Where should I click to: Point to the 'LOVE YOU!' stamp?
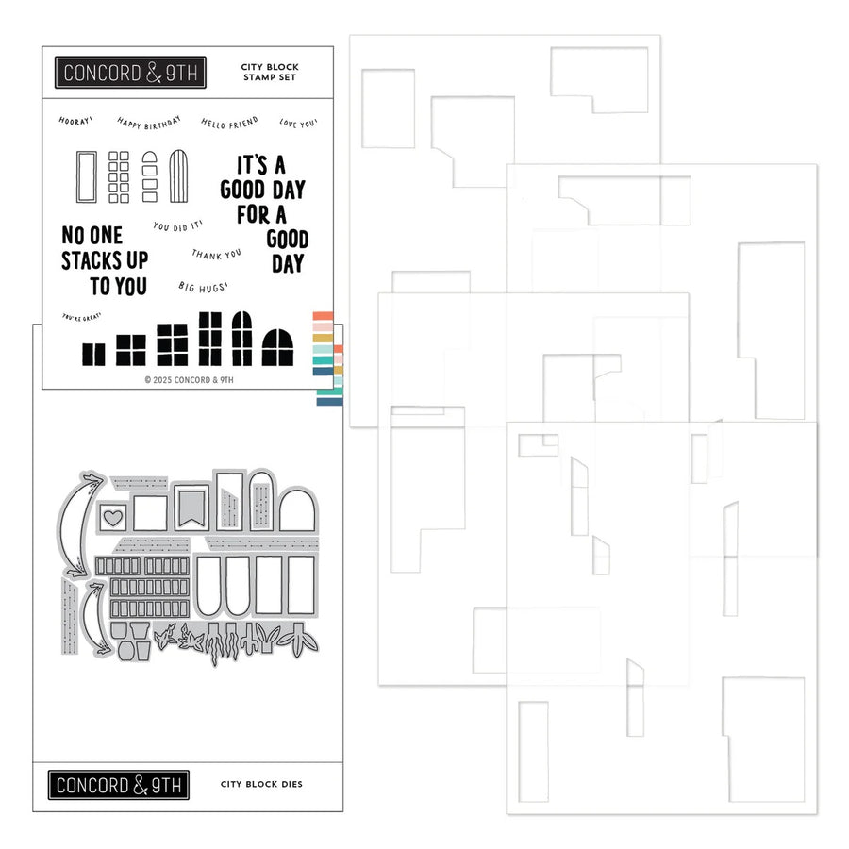298,123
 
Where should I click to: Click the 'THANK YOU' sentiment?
216,254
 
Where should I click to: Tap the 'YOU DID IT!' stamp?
176,226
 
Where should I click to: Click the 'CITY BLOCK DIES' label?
261,784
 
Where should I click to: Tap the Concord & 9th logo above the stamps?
130,73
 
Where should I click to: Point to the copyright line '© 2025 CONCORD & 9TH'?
189,380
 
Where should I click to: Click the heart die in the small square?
113,517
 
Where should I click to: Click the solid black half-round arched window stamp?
276,347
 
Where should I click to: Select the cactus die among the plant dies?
250,641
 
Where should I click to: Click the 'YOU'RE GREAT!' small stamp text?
80,321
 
